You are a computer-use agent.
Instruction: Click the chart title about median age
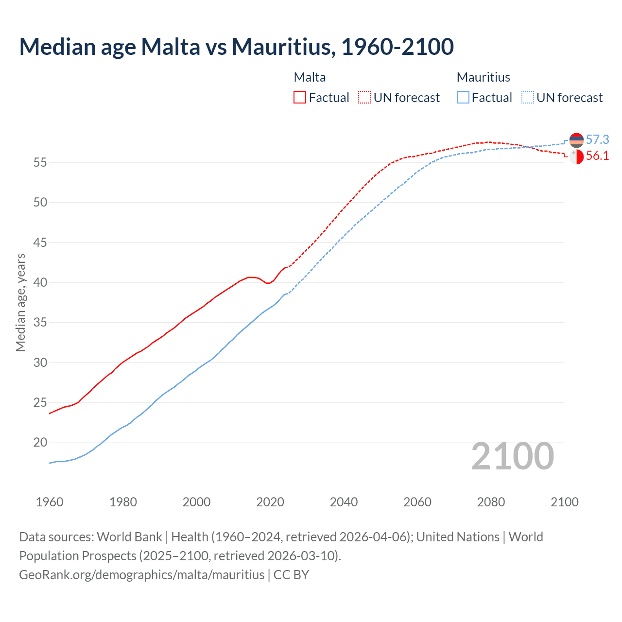[x=237, y=47]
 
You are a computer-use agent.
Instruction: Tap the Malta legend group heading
[x=310, y=77]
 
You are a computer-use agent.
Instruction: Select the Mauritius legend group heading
[x=483, y=77]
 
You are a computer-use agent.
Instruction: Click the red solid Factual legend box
[x=300, y=97]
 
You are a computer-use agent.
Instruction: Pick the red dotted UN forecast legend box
[x=364, y=97]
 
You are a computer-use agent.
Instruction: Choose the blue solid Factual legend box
[x=463, y=97]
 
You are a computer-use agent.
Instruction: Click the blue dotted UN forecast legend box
[x=527, y=97]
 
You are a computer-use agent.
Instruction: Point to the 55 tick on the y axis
[x=40, y=162]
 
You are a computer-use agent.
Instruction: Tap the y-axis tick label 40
[x=40, y=282]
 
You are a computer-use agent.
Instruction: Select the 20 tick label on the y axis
[x=40, y=443]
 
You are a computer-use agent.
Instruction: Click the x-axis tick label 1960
[x=50, y=502]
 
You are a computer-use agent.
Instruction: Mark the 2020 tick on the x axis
[x=270, y=502]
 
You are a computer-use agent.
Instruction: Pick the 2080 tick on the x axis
[x=491, y=502]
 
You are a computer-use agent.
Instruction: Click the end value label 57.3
[x=597, y=140]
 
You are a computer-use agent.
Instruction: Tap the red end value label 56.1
[x=597, y=156]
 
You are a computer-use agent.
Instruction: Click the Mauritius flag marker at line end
[x=576, y=140]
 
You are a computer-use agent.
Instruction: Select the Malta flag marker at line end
[x=576, y=157]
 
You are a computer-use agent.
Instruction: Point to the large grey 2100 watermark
[x=513, y=456]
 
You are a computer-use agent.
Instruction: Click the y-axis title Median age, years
[x=20, y=302]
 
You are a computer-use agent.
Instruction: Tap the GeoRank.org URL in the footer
[x=141, y=575]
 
